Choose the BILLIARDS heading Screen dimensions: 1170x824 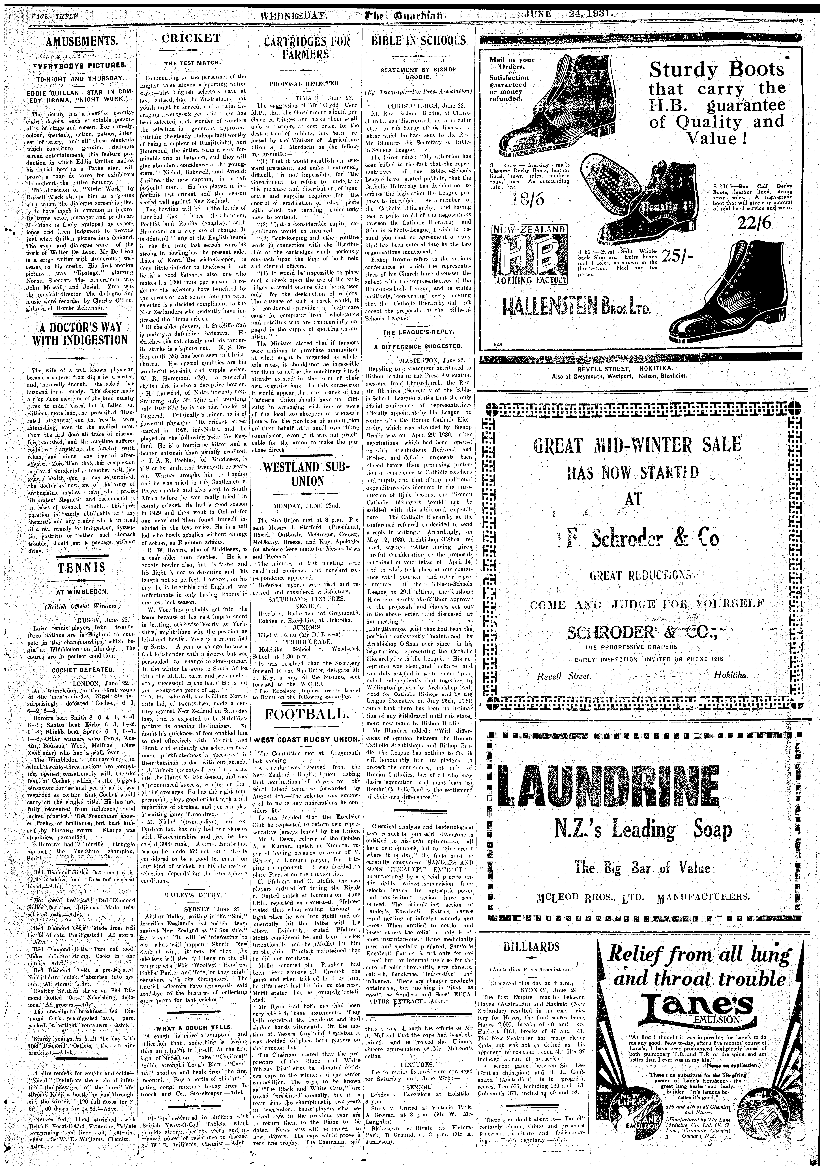531,947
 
